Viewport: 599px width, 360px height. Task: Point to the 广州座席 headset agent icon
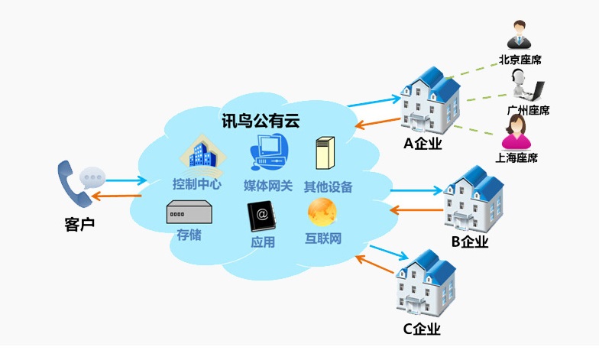coord(526,84)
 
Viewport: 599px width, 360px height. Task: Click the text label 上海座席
coord(516,157)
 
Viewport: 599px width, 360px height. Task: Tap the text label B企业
coord(469,242)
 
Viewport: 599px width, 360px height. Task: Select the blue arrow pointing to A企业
coord(374,101)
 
